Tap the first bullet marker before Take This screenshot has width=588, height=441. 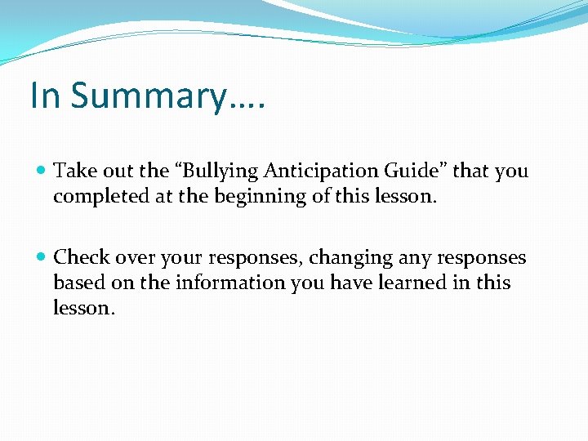coord(42,171)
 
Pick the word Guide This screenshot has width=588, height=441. coord(417,171)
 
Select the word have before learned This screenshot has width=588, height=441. coord(332,283)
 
